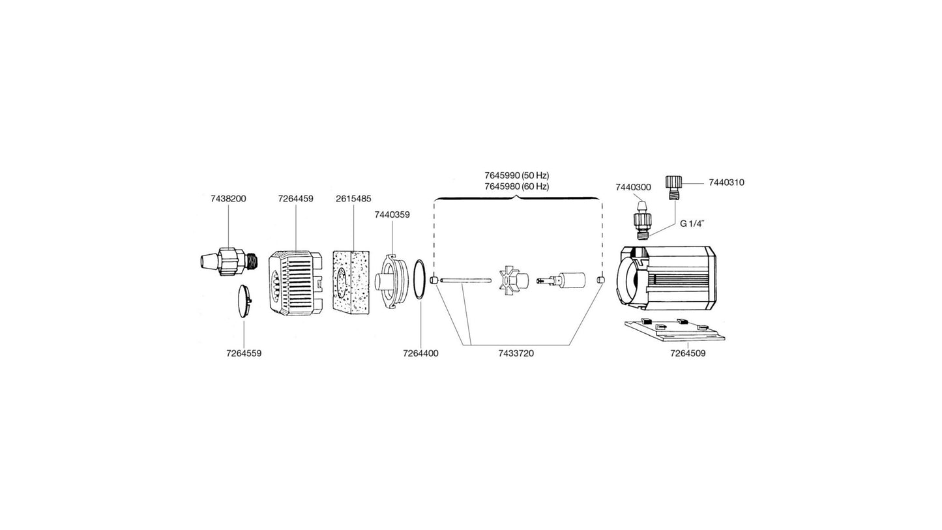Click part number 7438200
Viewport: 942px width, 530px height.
point(228,199)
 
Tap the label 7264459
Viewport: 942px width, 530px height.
point(295,199)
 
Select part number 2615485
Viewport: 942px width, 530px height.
point(353,199)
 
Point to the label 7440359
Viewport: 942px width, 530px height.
point(392,214)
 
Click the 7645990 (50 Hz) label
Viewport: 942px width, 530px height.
point(517,175)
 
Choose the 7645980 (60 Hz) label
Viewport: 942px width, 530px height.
point(517,186)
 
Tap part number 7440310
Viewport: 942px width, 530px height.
point(726,183)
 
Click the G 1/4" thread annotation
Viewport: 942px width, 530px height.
point(692,224)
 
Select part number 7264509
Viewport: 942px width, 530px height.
point(688,353)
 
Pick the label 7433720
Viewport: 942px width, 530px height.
point(516,353)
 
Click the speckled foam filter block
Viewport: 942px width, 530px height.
point(351,282)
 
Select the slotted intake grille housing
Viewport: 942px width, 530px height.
point(295,283)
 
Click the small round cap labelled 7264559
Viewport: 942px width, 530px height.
point(244,301)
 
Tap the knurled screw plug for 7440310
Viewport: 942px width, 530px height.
point(673,189)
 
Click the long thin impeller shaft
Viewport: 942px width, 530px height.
point(465,280)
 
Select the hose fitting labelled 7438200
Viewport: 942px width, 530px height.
point(228,262)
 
